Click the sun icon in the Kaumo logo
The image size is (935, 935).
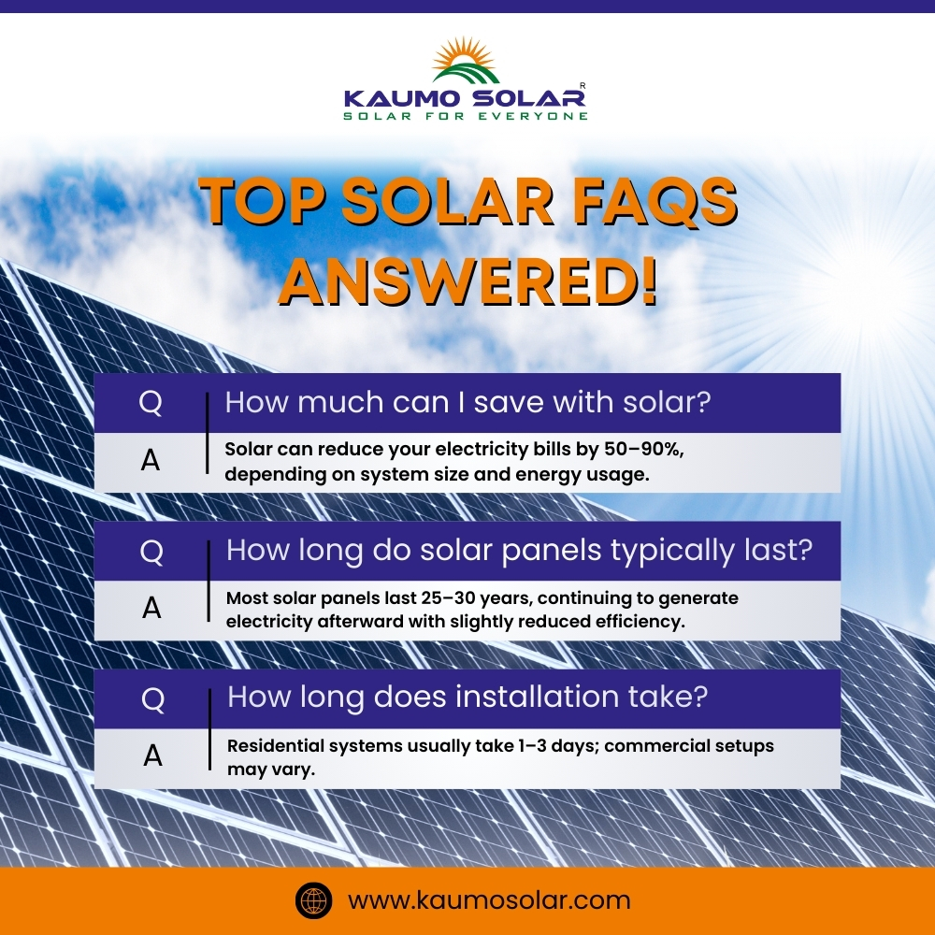[467, 57]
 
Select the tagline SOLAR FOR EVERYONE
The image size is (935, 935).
[466, 116]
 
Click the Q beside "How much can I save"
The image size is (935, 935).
[151, 403]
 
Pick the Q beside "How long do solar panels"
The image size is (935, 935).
[151, 552]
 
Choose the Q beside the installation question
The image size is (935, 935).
[151, 698]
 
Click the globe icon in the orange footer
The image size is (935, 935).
[314, 901]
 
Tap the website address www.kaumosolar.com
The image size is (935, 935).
[489, 901]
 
